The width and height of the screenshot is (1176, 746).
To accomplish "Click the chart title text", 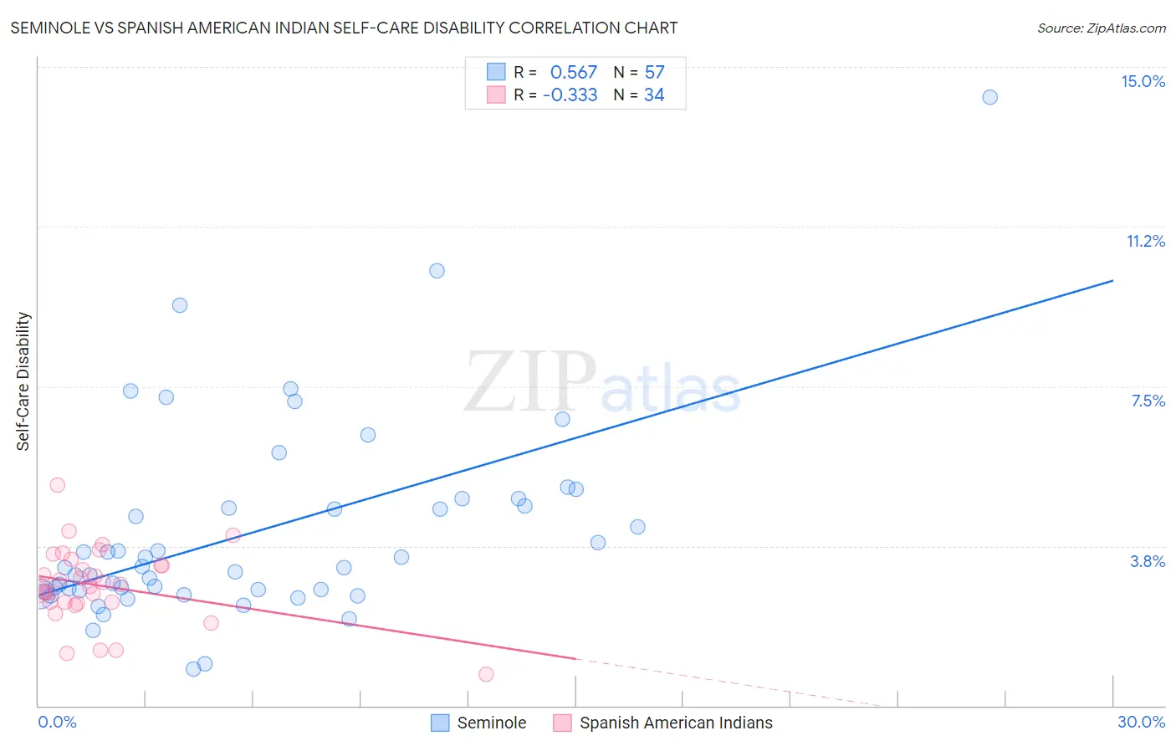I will [x=344, y=28].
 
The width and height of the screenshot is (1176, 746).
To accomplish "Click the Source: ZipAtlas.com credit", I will [x=1101, y=28].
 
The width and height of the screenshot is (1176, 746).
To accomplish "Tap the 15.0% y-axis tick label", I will [x=1143, y=81].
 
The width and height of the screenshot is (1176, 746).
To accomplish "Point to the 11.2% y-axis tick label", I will [x=1145, y=241].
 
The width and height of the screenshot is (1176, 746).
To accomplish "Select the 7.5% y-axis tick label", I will [x=1148, y=401].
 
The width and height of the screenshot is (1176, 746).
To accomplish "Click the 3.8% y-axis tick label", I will [x=1148, y=561].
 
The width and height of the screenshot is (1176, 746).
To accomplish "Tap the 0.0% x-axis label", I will [x=57, y=722].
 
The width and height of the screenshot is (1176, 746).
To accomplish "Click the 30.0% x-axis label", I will [x=1141, y=722].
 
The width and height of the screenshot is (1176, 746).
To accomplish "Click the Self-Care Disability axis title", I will [x=23, y=381].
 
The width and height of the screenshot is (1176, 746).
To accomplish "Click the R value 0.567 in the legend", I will [x=573, y=72].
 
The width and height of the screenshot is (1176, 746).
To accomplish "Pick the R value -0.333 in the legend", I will [x=570, y=95].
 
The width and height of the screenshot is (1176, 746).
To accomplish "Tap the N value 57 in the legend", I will [x=654, y=72].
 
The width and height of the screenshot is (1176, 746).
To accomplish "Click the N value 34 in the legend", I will [x=654, y=95].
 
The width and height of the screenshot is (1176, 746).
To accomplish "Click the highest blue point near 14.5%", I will [x=989, y=97].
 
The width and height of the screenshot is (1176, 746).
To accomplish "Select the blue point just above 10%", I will [x=437, y=270].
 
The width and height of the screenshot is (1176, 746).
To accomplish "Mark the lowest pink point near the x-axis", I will [x=486, y=674].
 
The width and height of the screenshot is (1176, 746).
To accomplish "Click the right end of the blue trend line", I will [x=1112, y=281].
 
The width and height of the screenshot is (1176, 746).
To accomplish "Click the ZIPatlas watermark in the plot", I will [x=602, y=382].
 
